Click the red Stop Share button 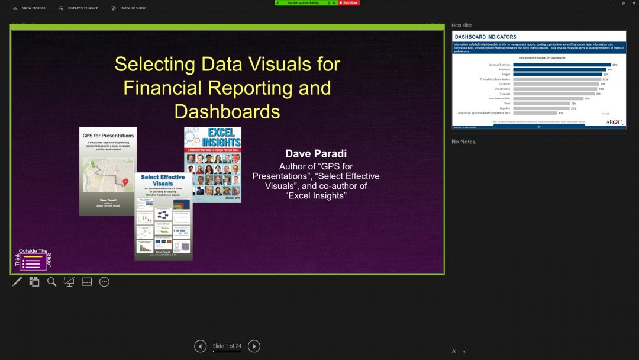[x=348, y=2]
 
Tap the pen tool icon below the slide [x=17, y=282]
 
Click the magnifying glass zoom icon [x=52, y=282]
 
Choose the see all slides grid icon [x=34, y=282]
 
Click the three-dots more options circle [x=105, y=282]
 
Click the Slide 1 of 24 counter [x=227, y=346]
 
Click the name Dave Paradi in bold [x=315, y=154]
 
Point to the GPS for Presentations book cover [x=108, y=171]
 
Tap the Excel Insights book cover [x=212, y=164]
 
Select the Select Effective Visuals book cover [x=163, y=216]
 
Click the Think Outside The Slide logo [x=33, y=259]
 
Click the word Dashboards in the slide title [x=227, y=111]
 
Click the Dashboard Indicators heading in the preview [x=486, y=37]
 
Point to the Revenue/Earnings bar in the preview [x=561, y=65]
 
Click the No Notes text [x=464, y=142]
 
